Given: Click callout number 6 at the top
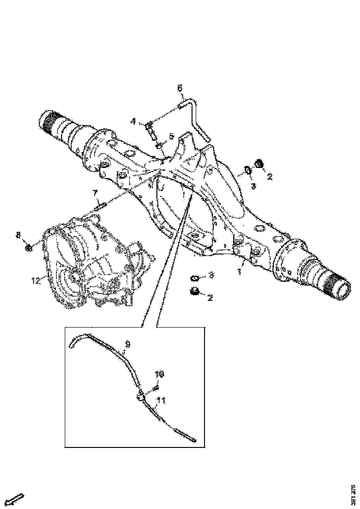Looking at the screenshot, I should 180,88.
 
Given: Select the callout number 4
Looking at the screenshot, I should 133,121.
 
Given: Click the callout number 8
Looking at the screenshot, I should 19,236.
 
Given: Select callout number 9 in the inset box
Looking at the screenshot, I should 128,344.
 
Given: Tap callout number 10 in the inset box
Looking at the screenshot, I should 159,373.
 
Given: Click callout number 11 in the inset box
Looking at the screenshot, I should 161,399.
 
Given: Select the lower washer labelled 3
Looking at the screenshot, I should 195,278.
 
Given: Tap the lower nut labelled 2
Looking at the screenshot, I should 194,292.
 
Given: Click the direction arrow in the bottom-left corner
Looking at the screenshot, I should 16,500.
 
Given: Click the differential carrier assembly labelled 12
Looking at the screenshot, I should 93,268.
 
